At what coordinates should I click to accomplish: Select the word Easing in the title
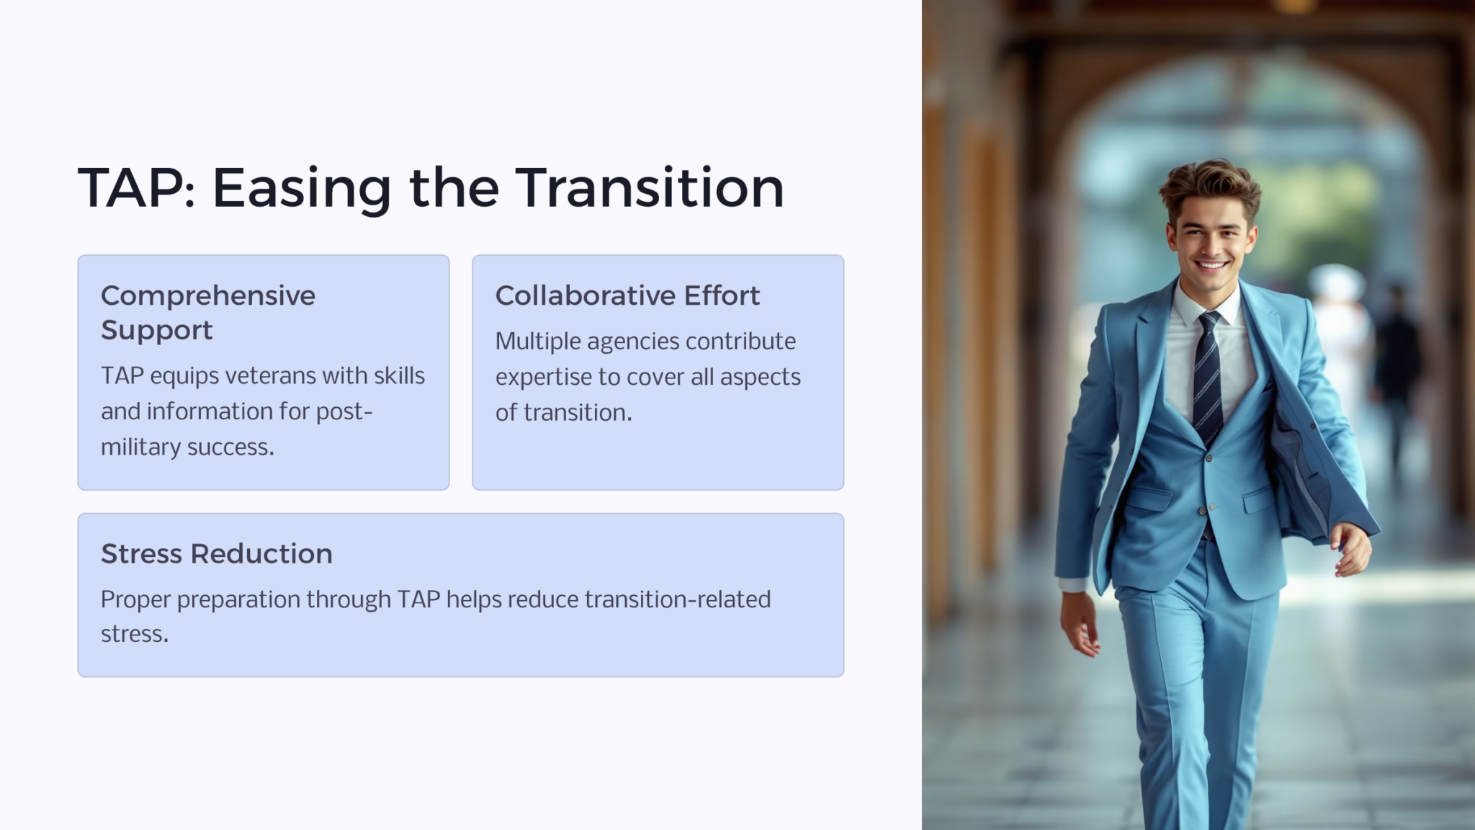301,189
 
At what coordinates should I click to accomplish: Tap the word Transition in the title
649,188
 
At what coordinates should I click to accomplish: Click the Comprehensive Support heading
207,312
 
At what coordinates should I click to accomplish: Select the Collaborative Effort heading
627,295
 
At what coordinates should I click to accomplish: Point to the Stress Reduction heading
216,553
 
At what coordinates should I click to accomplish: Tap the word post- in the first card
344,411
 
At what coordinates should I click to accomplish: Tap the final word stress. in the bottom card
134,634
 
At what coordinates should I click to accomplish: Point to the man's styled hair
1209,183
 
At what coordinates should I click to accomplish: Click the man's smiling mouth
1212,265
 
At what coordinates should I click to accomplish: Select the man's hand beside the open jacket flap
1352,549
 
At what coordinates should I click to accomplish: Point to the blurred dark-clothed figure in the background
1396,360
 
